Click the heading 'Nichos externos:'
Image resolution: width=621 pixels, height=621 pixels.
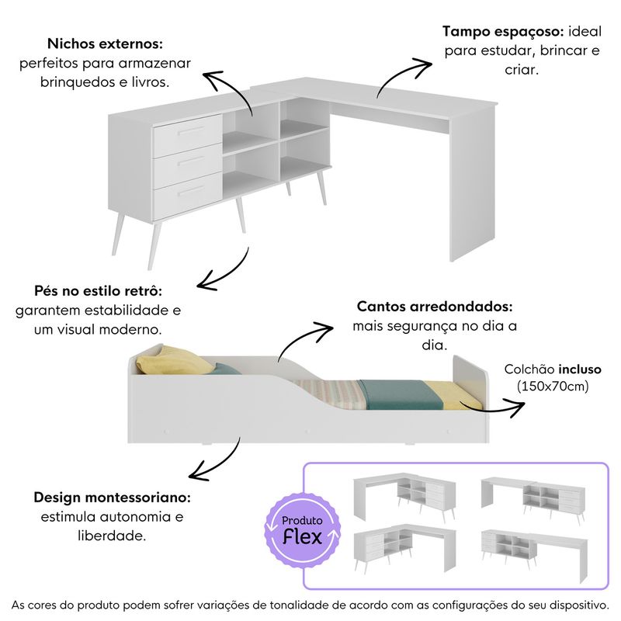click(105, 43)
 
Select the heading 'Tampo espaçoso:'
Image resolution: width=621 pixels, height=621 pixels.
click(503, 32)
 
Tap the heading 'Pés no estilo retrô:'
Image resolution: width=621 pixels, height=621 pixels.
click(99, 290)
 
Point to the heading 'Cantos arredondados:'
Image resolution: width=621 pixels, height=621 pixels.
click(435, 307)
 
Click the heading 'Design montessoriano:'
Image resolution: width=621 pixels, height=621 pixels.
click(112, 498)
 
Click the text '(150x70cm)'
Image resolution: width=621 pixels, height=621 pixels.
click(553, 386)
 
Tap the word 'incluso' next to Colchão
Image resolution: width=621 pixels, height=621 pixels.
click(580, 369)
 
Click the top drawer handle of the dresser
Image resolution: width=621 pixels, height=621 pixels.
click(191, 130)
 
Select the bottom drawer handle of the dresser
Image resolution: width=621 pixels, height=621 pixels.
click(191, 190)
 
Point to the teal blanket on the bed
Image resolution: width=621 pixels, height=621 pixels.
click(400, 394)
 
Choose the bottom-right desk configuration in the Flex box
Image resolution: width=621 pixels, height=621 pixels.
click(534, 553)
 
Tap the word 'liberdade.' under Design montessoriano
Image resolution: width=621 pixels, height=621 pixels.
click(112, 536)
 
